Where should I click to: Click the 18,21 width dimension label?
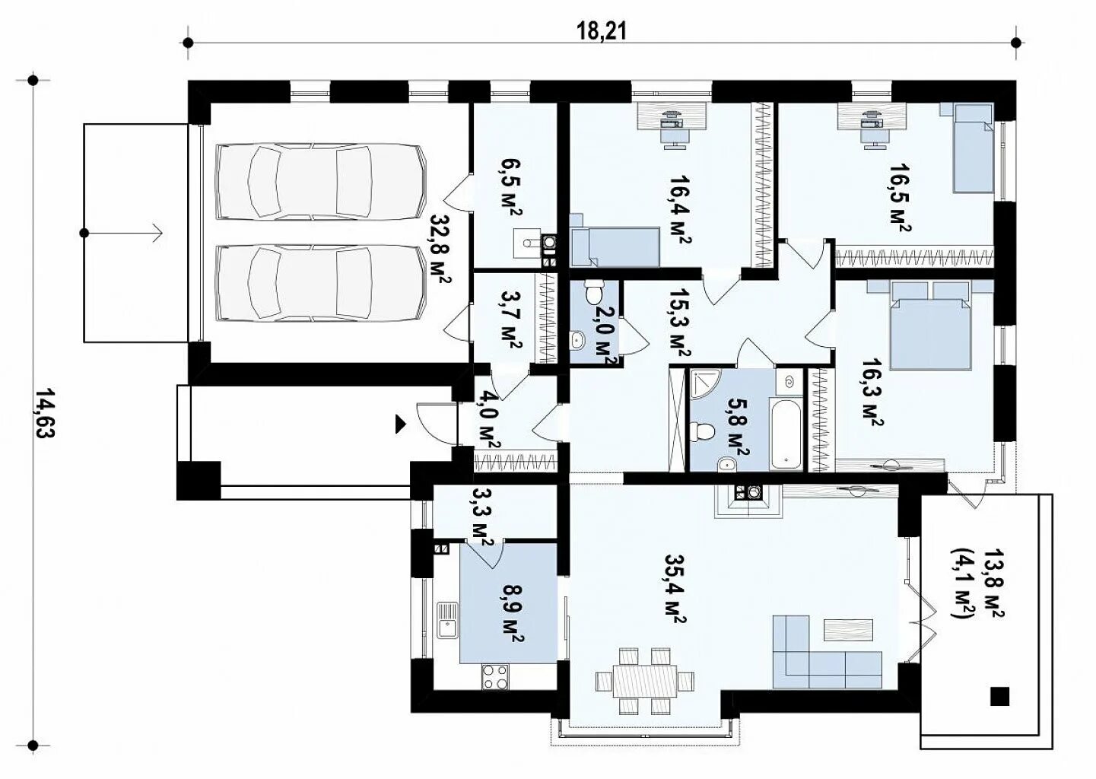[x=602, y=31]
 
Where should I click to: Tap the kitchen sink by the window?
[x=448, y=621]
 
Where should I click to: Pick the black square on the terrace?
[x=1000, y=696]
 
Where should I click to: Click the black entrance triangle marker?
[x=401, y=424]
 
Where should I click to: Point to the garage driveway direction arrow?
[x=122, y=233]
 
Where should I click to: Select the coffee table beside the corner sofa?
[x=848, y=630]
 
